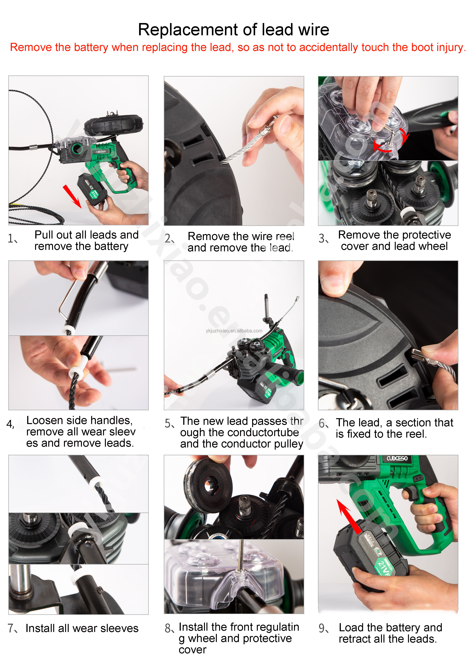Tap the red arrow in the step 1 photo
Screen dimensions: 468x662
(72, 196)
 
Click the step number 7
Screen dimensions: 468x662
(11, 628)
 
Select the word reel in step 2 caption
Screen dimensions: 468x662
(285, 236)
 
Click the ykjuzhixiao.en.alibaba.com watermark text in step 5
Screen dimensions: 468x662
(234, 331)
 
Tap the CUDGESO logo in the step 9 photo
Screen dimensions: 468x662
(397, 458)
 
